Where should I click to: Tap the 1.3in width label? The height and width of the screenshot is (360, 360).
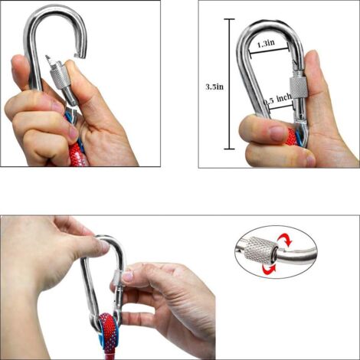pyautogui.click(x=264, y=44)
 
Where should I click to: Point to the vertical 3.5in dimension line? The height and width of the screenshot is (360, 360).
pyautogui.click(x=227, y=84)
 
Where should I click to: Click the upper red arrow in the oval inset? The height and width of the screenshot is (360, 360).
pyautogui.click(x=285, y=240)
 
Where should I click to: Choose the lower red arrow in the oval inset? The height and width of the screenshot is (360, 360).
pyautogui.click(x=266, y=269)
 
